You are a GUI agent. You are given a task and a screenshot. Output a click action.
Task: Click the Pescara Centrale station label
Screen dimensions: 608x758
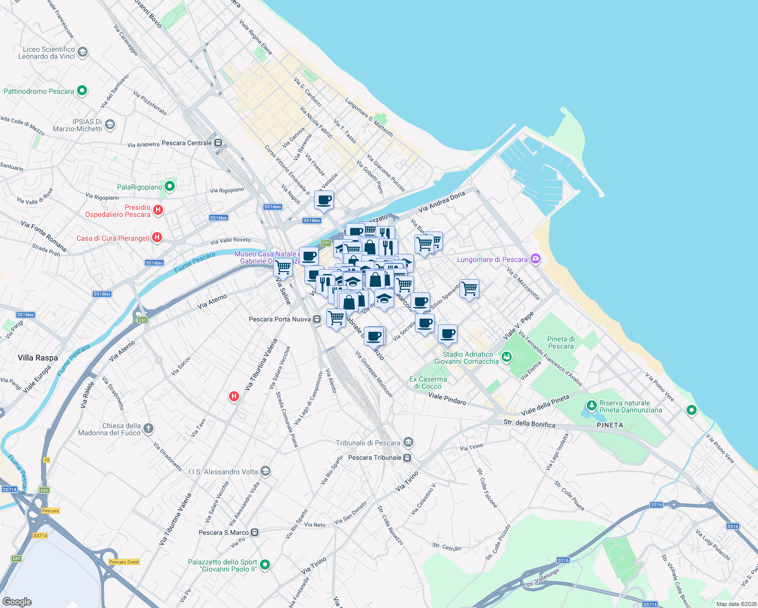186,143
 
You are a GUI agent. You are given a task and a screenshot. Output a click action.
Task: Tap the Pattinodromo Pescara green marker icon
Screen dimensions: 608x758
82,91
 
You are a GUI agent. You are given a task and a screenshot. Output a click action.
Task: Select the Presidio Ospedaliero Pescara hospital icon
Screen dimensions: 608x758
158,210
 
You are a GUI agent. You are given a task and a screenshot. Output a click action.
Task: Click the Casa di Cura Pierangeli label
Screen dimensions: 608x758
113,238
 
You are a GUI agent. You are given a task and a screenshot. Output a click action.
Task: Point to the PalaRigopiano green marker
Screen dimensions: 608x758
170,187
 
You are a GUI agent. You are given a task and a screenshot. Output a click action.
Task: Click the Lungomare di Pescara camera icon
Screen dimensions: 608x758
536,259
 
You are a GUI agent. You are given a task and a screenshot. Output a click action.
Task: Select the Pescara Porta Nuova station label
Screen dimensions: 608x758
280,319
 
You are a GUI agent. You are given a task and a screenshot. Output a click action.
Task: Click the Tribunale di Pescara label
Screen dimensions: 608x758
368,443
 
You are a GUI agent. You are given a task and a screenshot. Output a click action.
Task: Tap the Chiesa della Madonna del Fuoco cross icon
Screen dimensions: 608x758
148,429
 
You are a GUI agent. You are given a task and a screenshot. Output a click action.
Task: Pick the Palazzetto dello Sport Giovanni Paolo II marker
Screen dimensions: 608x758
264,564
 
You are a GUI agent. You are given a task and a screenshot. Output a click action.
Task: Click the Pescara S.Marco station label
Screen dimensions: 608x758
223,533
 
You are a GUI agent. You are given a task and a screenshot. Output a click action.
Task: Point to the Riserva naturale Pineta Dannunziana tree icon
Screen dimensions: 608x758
591,405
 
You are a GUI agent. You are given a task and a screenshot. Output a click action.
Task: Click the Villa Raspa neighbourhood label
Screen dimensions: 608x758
38,358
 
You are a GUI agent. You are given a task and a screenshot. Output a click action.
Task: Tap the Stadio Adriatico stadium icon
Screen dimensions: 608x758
506,358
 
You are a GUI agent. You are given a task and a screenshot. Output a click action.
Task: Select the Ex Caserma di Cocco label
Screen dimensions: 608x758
428,383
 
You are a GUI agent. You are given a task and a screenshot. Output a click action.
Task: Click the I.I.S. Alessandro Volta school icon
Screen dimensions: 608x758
265,472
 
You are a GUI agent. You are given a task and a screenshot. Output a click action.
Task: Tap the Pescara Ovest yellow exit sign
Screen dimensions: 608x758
124,562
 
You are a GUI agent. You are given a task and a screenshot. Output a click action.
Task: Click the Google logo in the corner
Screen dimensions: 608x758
17,601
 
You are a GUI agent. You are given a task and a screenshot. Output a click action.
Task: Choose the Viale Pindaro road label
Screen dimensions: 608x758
447,399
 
